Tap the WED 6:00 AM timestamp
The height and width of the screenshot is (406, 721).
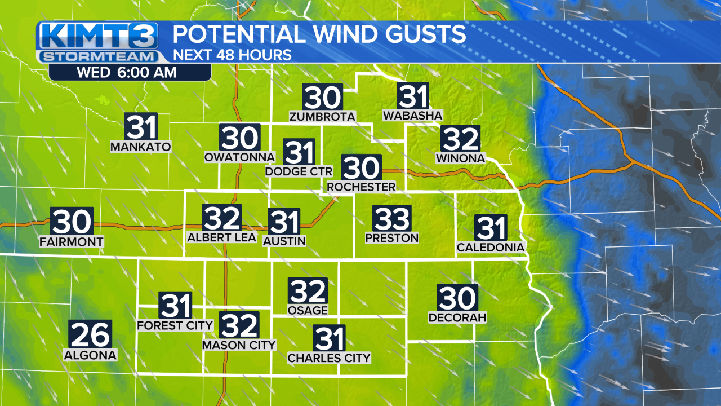[x=126, y=72]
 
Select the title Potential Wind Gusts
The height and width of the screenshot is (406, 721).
[x=319, y=34]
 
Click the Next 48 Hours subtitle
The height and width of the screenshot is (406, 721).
[x=232, y=55]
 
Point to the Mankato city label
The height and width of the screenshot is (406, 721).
[x=140, y=147]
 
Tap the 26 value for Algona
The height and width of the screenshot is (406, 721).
[x=90, y=334]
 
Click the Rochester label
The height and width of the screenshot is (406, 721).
[x=361, y=187]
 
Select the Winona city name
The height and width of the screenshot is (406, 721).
[x=460, y=158]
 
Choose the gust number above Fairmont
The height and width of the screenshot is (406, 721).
[x=72, y=222]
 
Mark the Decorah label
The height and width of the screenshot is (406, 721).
[x=457, y=317]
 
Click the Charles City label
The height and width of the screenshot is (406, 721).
[x=329, y=358]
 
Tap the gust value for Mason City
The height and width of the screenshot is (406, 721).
[x=239, y=325]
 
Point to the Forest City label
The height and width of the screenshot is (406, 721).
[x=175, y=325]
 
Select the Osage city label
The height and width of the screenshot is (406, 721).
[x=308, y=311]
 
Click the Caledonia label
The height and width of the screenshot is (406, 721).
[x=491, y=248]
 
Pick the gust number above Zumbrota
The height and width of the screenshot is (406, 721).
[x=323, y=98]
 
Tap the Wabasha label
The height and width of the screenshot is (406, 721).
[x=413, y=116]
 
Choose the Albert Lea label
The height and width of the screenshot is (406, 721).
[x=221, y=237]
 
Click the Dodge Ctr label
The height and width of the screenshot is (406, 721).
[x=299, y=171]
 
